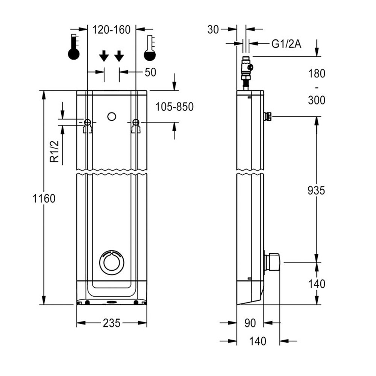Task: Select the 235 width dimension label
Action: (x=111, y=323)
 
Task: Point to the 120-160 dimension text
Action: (x=112, y=29)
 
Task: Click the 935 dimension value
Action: (x=316, y=190)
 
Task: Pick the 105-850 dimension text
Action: (x=174, y=107)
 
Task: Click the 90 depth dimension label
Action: (x=250, y=323)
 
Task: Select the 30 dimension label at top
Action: (x=213, y=30)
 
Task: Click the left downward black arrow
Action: (x=104, y=56)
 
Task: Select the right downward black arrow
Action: (x=119, y=56)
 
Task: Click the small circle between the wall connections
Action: (x=111, y=117)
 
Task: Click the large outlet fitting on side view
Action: (x=272, y=262)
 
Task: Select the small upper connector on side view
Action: (x=268, y=116)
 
